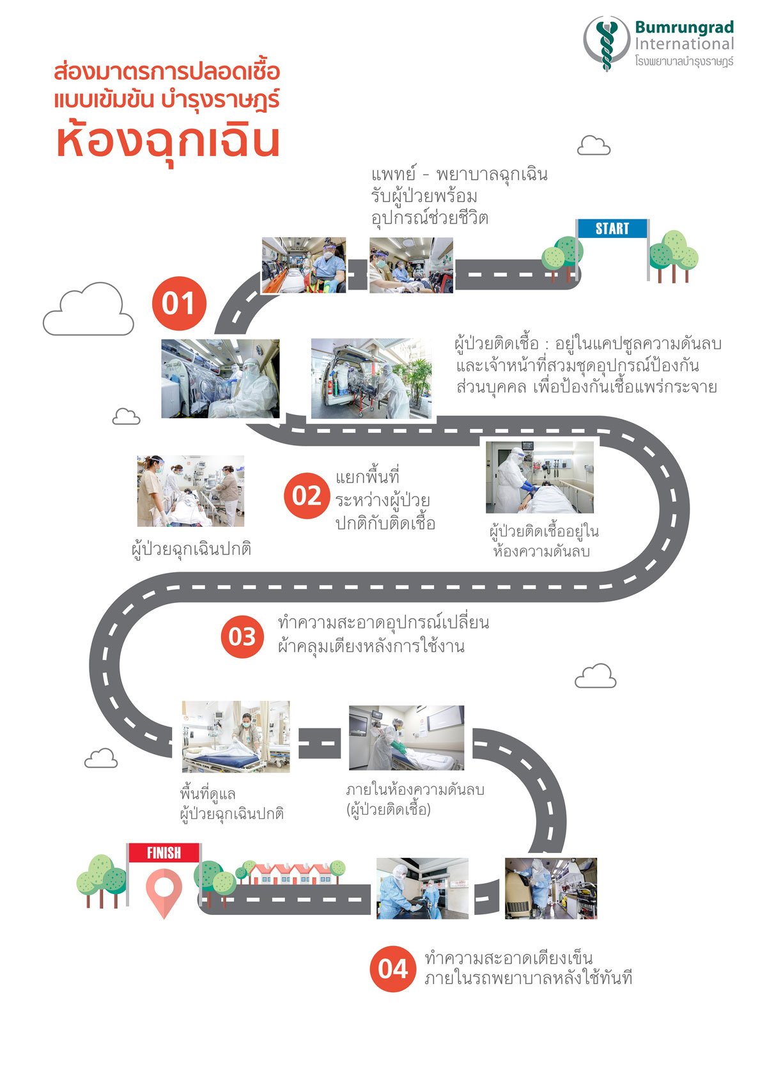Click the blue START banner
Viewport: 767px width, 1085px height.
point(612,229)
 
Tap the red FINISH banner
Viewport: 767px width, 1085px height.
point(164,853)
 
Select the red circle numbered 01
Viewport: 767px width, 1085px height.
point(179,303)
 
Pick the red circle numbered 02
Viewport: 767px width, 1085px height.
point(306,496)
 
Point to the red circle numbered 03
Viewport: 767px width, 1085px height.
point(242,636)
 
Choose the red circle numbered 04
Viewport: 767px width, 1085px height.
point(392,969)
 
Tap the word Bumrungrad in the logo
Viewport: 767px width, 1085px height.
point(684,27)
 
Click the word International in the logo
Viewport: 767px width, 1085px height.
point(684,44)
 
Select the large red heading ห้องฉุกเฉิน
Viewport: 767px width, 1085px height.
point(168,141)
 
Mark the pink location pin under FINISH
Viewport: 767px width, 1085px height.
point(164,893)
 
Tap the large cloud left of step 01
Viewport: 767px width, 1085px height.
point(88,310)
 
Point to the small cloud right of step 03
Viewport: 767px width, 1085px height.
point(595,676)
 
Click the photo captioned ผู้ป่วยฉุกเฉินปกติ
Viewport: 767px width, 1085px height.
point(190,491)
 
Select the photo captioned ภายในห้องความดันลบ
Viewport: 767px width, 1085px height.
point(406,738)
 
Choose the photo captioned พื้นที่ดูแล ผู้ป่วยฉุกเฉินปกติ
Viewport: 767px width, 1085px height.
point(235,737)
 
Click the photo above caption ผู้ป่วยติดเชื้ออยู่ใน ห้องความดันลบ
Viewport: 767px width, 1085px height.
point(539,477)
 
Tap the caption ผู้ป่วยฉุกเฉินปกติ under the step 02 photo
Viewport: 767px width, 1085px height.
point(191,549)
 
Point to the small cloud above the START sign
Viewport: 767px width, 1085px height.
point(593,146)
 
